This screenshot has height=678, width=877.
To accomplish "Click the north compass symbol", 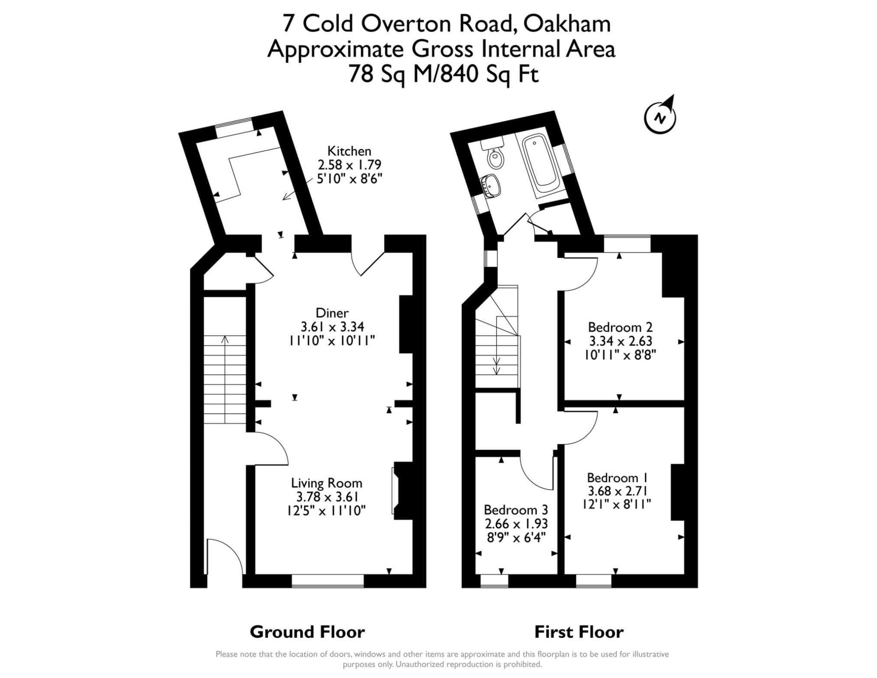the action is pos(660,116).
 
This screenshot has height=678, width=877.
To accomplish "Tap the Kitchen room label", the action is pos(349,151).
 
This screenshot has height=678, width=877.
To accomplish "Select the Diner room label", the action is pos(332,313).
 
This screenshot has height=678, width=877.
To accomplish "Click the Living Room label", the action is pos(327,483).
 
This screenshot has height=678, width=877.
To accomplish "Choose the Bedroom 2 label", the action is pos(620,327).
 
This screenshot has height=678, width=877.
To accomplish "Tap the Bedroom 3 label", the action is pos(516,509).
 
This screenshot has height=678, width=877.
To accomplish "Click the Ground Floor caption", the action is pos(307,632).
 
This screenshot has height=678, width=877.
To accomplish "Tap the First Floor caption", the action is pos(579,632).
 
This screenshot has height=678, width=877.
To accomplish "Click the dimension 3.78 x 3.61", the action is pos(327,496).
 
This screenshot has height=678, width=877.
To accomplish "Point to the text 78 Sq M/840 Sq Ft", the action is pos(443,74).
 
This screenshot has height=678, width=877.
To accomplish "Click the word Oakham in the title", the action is pos(567,24).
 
